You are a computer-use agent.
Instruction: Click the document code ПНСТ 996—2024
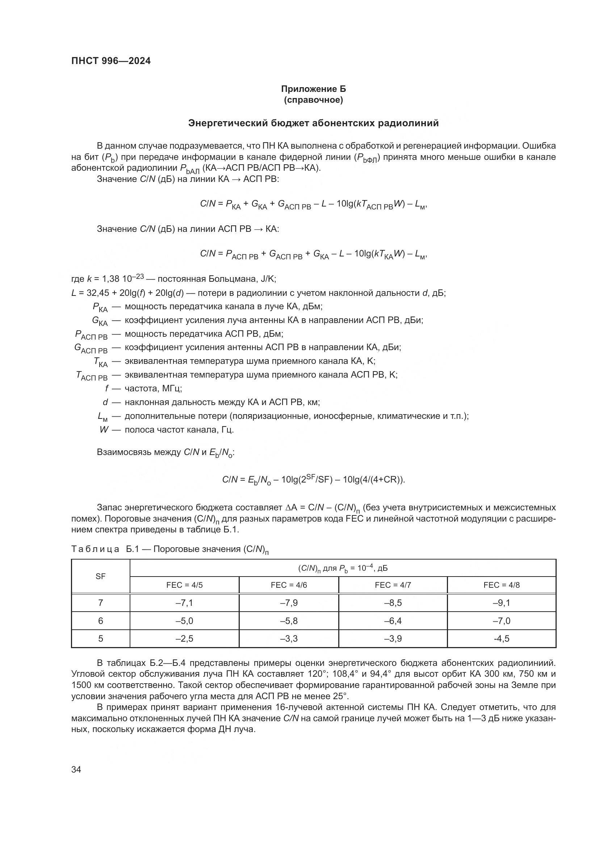coord(111,61)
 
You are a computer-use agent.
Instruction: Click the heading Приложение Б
coord(313,89)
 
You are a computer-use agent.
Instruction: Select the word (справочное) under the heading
coord(313,100)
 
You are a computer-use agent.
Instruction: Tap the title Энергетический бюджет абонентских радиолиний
coord(313,123)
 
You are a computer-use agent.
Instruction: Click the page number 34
coord(76,769)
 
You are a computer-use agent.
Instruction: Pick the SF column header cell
coord(100,576)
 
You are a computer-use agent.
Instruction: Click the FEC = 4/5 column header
coord(184,585)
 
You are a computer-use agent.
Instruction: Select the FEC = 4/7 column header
coord(393,585)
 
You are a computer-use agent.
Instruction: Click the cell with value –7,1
coord(184,603)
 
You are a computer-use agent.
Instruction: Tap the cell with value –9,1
coord(501,603)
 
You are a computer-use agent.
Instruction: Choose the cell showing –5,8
coord(289,621)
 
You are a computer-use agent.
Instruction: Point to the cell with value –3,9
coord(393,638)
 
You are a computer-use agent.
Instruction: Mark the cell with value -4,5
coord(501,638)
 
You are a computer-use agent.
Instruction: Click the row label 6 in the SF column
coord(100,621)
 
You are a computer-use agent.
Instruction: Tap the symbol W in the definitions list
coord(104,430)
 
